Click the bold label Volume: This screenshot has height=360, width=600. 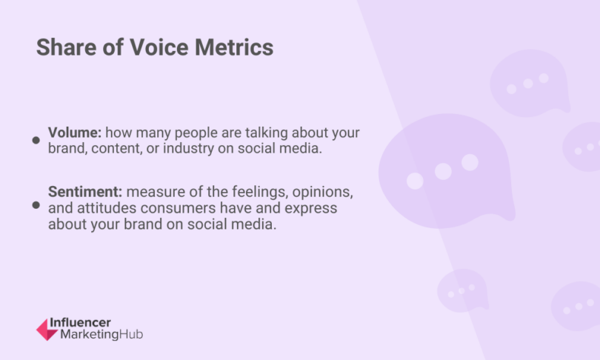point(74,133)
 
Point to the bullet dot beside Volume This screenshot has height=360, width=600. point(36,140)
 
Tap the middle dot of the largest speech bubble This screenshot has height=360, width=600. point(443,172)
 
